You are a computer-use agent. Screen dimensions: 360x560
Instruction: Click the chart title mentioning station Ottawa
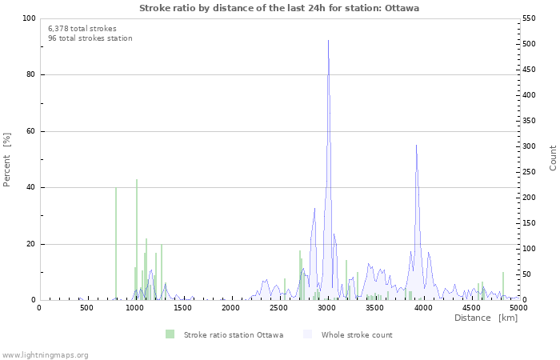(x=278, y=8)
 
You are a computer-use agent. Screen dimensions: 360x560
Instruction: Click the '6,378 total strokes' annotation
(x=82, y=28)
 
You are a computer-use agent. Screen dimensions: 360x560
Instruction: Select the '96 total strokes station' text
(x=90, y=38)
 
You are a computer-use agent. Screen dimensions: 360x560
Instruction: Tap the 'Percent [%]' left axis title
(x=7, y=160)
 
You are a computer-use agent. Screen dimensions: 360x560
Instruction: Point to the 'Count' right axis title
(x=553, y=158)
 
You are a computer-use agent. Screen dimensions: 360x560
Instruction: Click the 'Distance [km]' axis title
(x=486, y=318)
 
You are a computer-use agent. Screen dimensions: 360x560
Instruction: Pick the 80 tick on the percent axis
(x=30, y=75)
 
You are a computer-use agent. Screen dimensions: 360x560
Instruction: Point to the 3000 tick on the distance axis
(x=327, y=307)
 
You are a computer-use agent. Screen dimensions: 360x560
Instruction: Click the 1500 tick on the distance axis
(x=183, y=307)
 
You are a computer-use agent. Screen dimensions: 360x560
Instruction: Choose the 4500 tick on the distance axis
(x=471, y=307)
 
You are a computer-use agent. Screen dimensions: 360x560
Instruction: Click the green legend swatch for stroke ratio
(x=170, y=334)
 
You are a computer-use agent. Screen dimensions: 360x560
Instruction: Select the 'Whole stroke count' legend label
(x=357, y=335)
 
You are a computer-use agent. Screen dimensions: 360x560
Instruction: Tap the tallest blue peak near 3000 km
(x=328, y=41)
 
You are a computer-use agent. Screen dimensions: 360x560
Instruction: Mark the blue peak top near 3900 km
(x=416, y=146)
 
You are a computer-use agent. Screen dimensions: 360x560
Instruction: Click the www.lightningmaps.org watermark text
(x=45, y=354)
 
